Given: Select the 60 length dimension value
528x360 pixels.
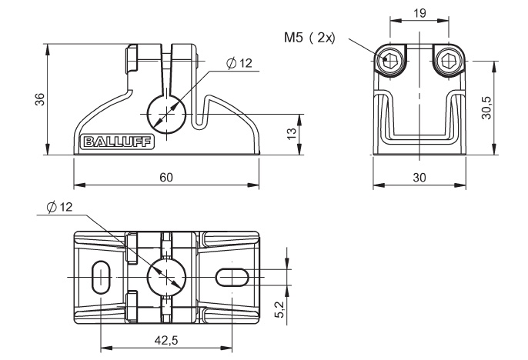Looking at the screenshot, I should pyautogui.click(x=165, y=177).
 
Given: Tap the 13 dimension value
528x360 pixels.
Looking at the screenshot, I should pyautogui.click(x=292, y=134).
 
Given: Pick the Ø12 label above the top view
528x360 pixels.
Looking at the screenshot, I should pyautogui.click(x=58, y=208).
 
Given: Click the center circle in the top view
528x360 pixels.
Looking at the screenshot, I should pyautogui.click(x=165, y=275).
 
